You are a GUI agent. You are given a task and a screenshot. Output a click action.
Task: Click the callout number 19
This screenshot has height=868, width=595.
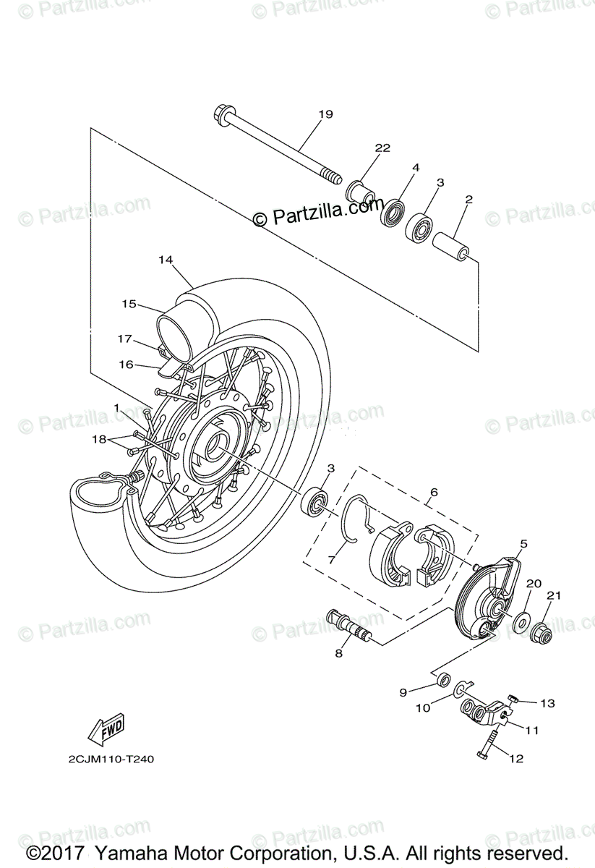tap(325, 114)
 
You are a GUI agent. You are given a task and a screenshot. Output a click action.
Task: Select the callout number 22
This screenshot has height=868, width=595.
tap(382, 148)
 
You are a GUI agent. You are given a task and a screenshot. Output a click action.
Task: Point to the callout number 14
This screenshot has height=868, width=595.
tap(166, 259)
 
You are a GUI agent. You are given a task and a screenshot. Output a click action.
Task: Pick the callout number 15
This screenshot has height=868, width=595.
tap(129, 305)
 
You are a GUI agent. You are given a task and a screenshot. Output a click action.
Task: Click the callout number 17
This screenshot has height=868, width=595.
tap(125, 338)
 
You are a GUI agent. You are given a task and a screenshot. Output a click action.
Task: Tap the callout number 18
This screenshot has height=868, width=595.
tap(98, 439)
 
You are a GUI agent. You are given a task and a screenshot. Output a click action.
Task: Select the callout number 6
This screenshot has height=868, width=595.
tap(434, 493)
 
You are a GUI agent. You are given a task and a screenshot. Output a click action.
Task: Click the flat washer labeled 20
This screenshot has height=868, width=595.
tap(519, 621)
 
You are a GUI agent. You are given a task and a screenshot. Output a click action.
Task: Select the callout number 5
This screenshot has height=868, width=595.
tap(523, 542)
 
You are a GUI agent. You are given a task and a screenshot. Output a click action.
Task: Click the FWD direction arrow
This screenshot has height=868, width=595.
tap(106, 728)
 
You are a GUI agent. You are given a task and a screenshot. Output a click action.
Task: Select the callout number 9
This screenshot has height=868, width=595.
tap(403, 693)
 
